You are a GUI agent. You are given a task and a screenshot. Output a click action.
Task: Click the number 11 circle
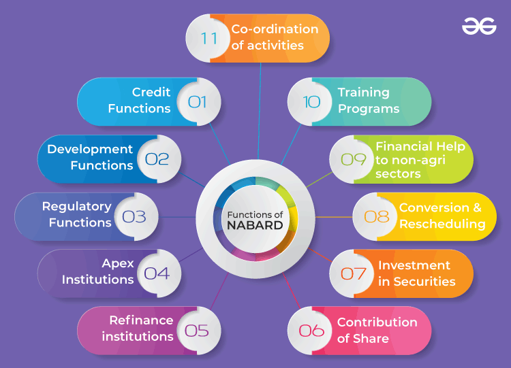coord(209,38)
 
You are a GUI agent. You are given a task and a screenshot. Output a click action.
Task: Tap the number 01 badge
coord(197,102)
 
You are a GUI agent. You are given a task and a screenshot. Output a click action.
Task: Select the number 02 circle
coord(157,159)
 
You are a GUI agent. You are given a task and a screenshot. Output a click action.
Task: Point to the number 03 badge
coord(134,217)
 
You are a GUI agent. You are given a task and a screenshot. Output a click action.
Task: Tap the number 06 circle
coord(311,331)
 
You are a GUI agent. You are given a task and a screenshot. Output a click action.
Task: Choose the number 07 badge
coord(353,273)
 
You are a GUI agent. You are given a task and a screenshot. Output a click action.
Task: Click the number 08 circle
coord(376,217)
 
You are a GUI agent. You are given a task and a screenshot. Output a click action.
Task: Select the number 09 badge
coord(353,159)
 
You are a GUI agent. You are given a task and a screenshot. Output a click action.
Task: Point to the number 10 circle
coord(311,102)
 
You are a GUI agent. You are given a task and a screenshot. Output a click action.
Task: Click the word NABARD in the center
coord(255,225)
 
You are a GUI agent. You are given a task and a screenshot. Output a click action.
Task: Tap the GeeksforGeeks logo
coord(479,27)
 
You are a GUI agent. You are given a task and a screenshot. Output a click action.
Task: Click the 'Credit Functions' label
coord(140,101)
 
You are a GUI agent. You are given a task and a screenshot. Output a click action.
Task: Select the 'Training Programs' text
coord(369,101)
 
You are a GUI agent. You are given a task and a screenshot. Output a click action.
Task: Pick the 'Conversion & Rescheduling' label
coord(442,216)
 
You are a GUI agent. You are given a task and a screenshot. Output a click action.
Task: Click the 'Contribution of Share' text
coord(377,330)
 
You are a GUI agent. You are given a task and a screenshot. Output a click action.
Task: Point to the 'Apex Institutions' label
coord(98,271)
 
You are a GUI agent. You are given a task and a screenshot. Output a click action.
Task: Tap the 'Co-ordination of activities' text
coord(275,37)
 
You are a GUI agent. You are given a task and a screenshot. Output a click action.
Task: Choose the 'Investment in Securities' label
coord(416,273)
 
